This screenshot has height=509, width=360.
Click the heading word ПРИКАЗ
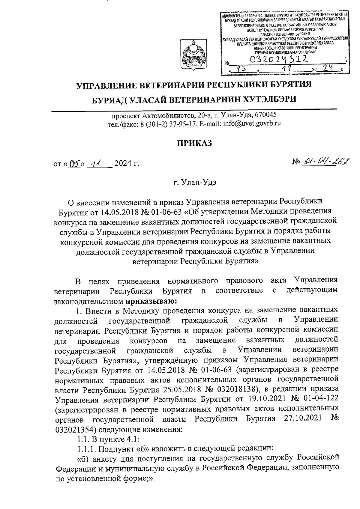tap(194, 143)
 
